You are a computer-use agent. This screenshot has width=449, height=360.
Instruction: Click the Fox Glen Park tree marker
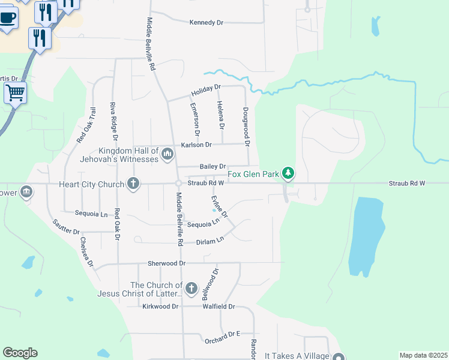[x=289, y=173]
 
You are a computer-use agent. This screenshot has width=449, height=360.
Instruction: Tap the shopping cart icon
[x=15, y=93]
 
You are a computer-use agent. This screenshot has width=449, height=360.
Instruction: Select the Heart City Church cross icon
[x=133, y=183]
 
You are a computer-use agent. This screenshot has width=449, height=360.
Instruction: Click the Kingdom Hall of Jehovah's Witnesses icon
[x=167, y=155]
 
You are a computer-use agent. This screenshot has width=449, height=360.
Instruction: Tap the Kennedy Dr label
[x=206, y=22]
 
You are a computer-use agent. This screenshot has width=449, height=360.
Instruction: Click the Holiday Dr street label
[x=206, y=91]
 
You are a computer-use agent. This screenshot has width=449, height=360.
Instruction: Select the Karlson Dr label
[x=196, y=145]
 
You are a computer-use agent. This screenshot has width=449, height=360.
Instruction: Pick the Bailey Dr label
[x=213, y=166]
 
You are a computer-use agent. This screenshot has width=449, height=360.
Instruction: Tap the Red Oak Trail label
[x=86, y=125]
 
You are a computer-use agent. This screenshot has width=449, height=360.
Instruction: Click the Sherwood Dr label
[x=167, y=263]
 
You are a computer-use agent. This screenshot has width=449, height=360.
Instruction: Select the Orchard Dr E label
[x=222, y=334]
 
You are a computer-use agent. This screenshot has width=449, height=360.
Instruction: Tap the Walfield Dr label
[x=218, y=307]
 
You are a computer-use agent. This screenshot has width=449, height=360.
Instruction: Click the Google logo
[x=20, y=353]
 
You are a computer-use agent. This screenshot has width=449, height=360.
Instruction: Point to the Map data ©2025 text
[x=423, y=355]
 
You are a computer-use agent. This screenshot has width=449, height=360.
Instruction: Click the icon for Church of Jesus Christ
[x=191, y=289]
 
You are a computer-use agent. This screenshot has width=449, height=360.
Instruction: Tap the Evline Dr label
[x=219, y=206]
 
